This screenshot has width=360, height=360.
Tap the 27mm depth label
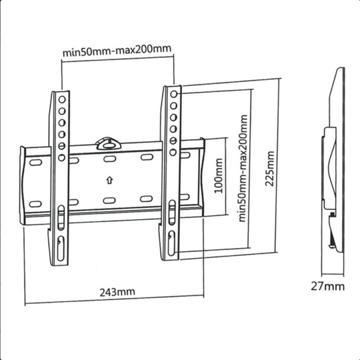tap(328, 286)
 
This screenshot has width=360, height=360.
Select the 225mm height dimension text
tap(270, 168)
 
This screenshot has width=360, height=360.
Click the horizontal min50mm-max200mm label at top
tap(117, 50)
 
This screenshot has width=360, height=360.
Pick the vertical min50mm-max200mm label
tap(243, 168)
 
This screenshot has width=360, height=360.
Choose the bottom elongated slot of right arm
tap(171, 242)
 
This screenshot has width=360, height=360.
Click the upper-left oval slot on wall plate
tap(35, 163)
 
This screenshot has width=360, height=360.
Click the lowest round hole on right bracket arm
tap(173, 152)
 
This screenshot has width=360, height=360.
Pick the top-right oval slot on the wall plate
tap(146, 157)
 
